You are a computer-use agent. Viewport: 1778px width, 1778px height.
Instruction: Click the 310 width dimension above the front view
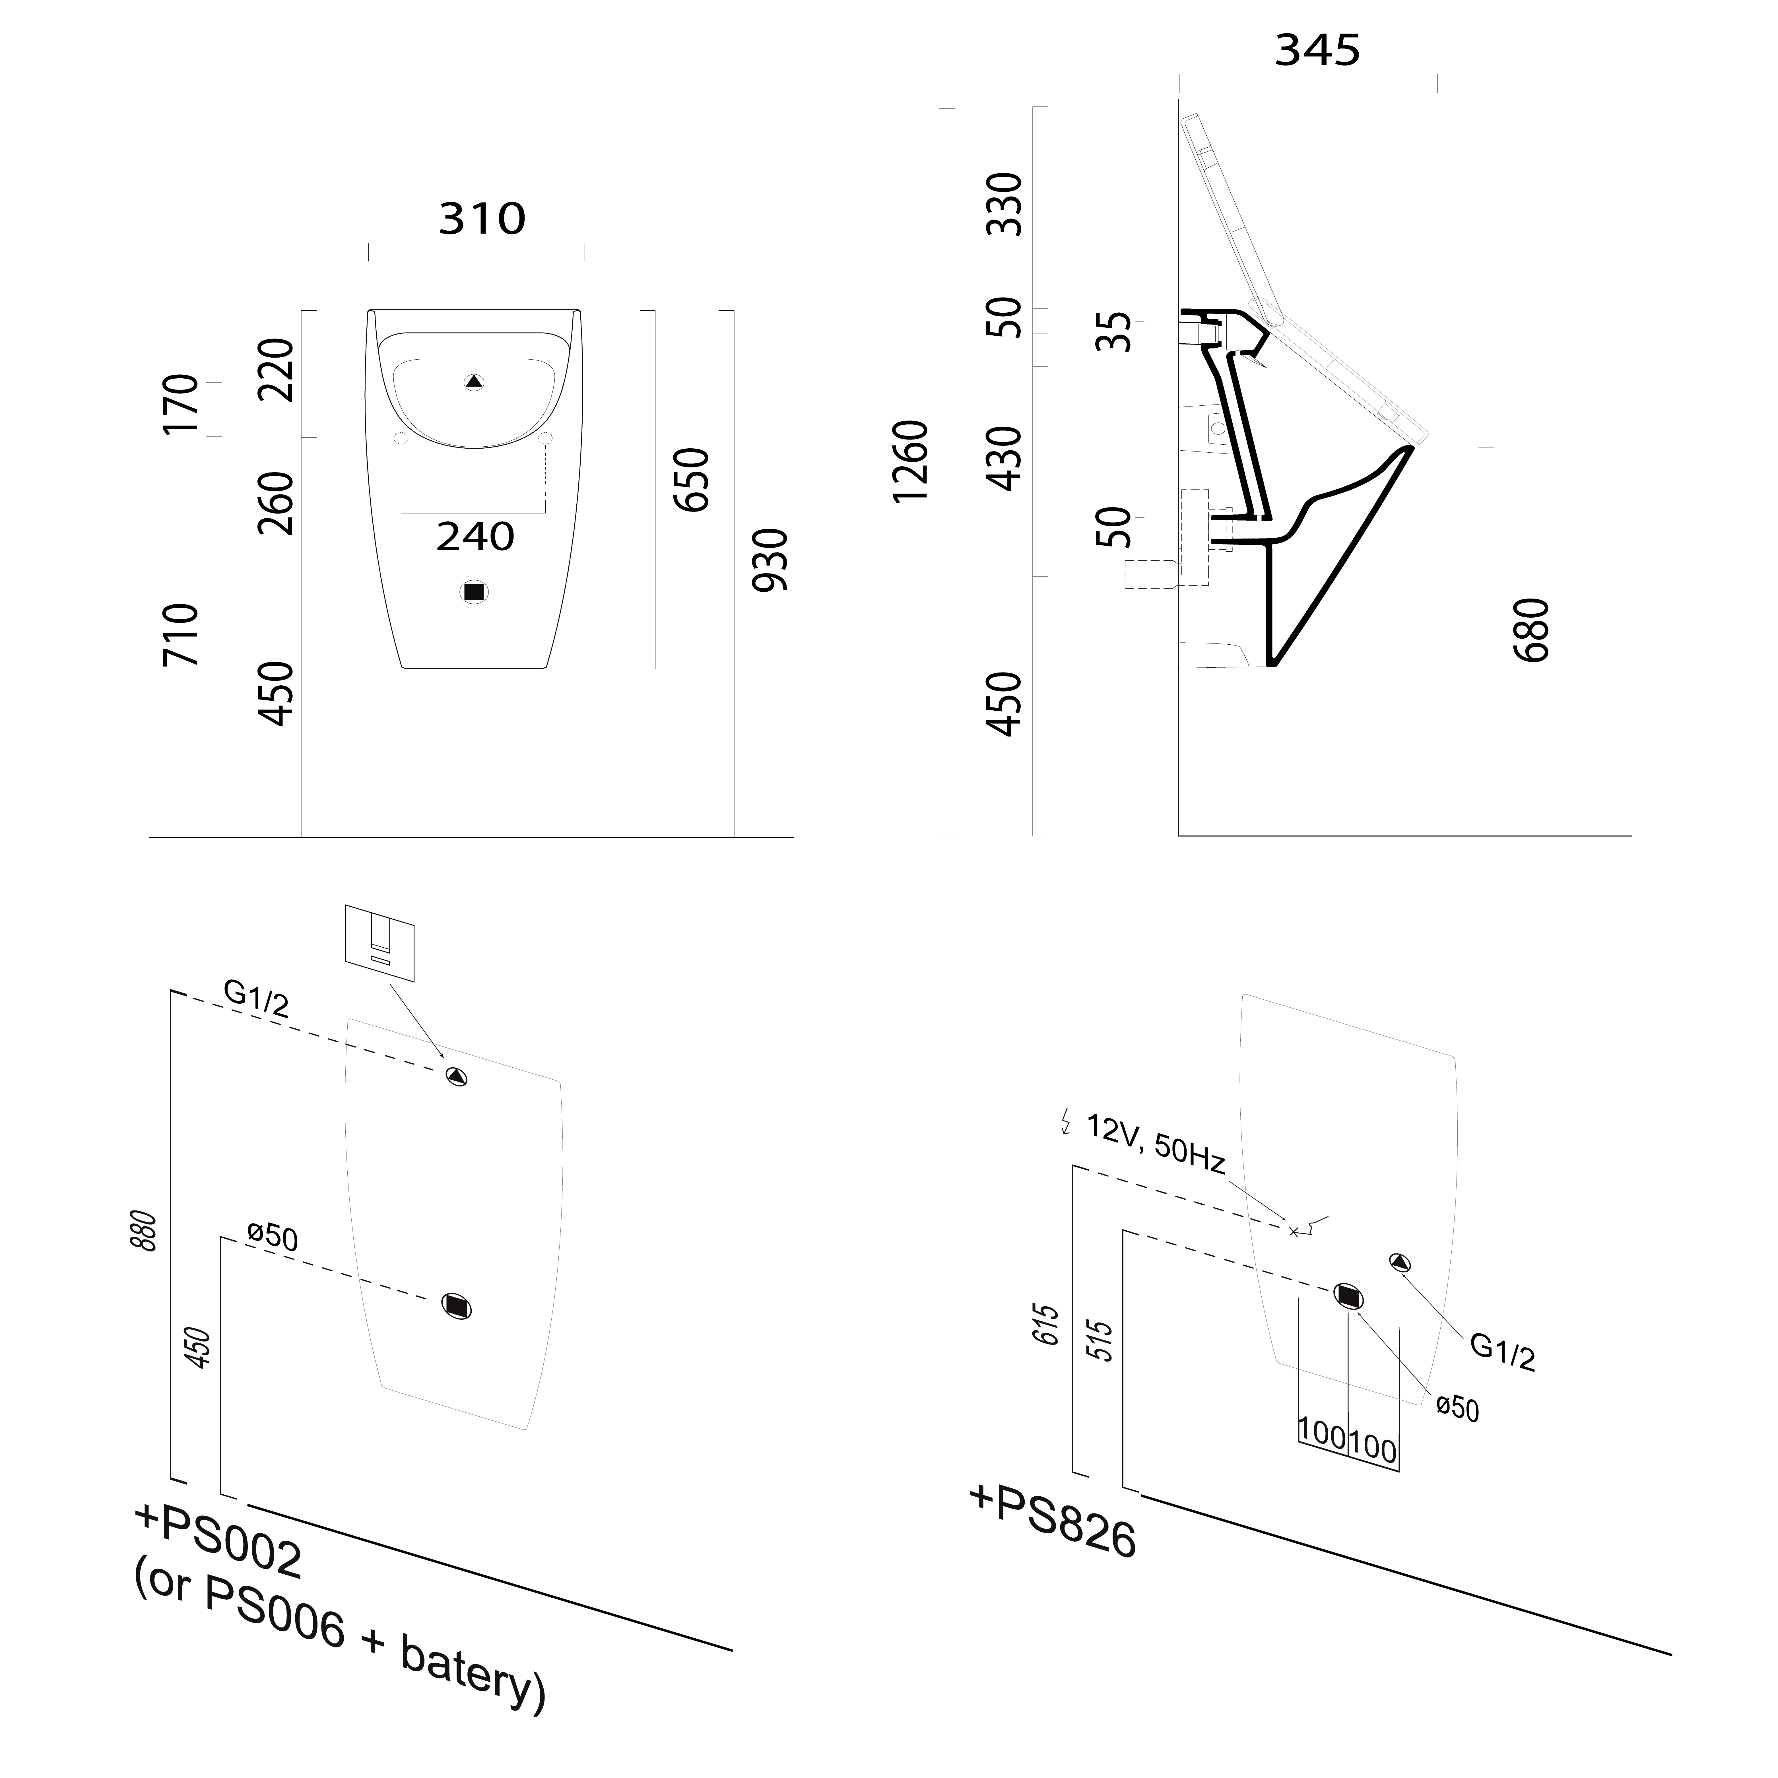[481, 219]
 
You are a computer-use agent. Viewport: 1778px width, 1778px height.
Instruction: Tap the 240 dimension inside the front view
[475, 537]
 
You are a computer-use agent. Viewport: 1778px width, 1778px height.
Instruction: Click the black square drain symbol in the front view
[474, 593]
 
